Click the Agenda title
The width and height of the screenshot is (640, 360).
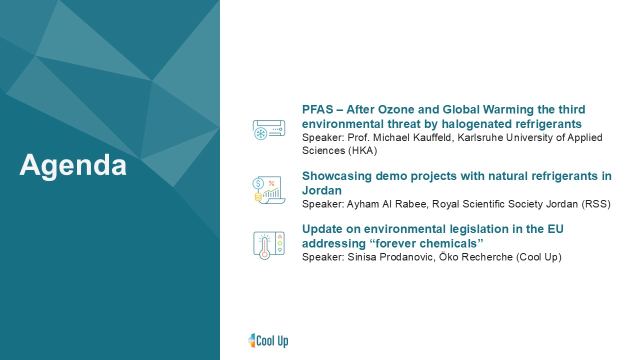click(73, 165)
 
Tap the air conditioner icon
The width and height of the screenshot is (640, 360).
click(269, 129)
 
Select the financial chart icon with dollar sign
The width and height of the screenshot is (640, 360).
click(269, 190)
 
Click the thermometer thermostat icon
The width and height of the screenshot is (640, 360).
click(269, 245)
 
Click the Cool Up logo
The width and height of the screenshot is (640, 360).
click(268, 340)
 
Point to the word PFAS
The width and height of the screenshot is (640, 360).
click(317, 109)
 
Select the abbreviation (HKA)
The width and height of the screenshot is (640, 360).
click(362, 150)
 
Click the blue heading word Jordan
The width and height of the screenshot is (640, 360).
click(321, 190)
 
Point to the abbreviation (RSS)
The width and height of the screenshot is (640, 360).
click(596, 204)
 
